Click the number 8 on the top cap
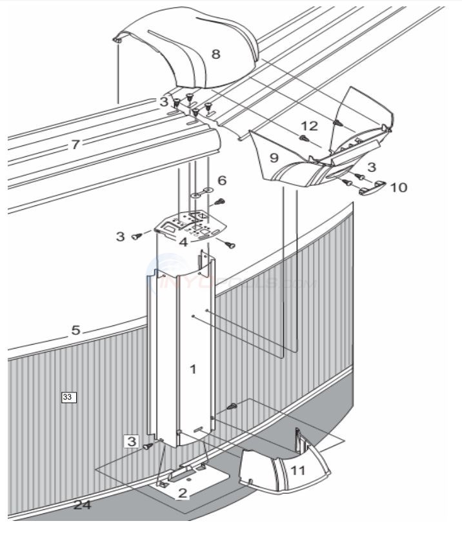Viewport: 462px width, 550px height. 216,54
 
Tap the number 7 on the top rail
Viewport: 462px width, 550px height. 75,145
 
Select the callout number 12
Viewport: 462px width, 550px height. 309,125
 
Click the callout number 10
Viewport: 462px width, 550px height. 398,187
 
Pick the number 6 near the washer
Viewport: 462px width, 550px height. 221,181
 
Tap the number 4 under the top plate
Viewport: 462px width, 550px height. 183,243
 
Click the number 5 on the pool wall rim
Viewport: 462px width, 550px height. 75,331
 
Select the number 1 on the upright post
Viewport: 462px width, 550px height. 192,369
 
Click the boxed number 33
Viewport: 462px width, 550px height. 68,397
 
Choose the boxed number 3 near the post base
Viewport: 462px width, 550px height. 132,442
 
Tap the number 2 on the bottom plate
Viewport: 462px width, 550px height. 183,493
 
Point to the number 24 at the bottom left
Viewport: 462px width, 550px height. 82,505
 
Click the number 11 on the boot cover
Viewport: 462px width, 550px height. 297,471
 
